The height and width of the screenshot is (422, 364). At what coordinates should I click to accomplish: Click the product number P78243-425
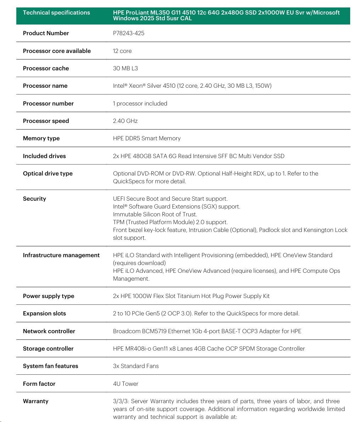[x=129, y=33]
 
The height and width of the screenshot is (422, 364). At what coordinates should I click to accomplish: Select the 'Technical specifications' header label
[x=56, y=13]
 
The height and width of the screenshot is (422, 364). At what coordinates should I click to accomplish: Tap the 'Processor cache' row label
[x=46, y=69]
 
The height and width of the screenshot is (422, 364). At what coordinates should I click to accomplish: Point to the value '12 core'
[x=122, y=51]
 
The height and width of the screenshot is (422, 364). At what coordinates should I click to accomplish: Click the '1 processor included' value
[x=140, y=104]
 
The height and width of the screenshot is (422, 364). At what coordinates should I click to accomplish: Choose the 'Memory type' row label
[x=41, y=139]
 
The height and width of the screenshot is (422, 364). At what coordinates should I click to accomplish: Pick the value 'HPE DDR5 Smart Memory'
[x=147, y=139]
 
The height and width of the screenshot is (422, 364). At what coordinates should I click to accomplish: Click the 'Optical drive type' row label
[x=47, y=174]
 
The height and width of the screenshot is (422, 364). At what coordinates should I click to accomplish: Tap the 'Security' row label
[x=34, y=199]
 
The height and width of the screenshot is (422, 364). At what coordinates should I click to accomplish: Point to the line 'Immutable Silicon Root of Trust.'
[x=155, y=215]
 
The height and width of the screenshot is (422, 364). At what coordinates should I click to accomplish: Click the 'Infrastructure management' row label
[x=61, y=255]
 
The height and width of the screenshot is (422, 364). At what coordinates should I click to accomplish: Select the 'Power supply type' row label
[x=49, y=296]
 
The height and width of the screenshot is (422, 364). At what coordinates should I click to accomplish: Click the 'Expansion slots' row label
[x=44, y=314]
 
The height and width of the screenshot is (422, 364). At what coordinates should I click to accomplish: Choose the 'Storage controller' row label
[x=48, y=349]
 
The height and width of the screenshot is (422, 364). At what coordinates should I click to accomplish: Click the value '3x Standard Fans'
[x=136, y=366]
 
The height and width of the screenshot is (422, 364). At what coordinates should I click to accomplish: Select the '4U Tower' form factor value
[x=125, y=384]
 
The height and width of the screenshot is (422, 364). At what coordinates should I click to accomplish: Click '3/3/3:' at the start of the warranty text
[x=121, y=401]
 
